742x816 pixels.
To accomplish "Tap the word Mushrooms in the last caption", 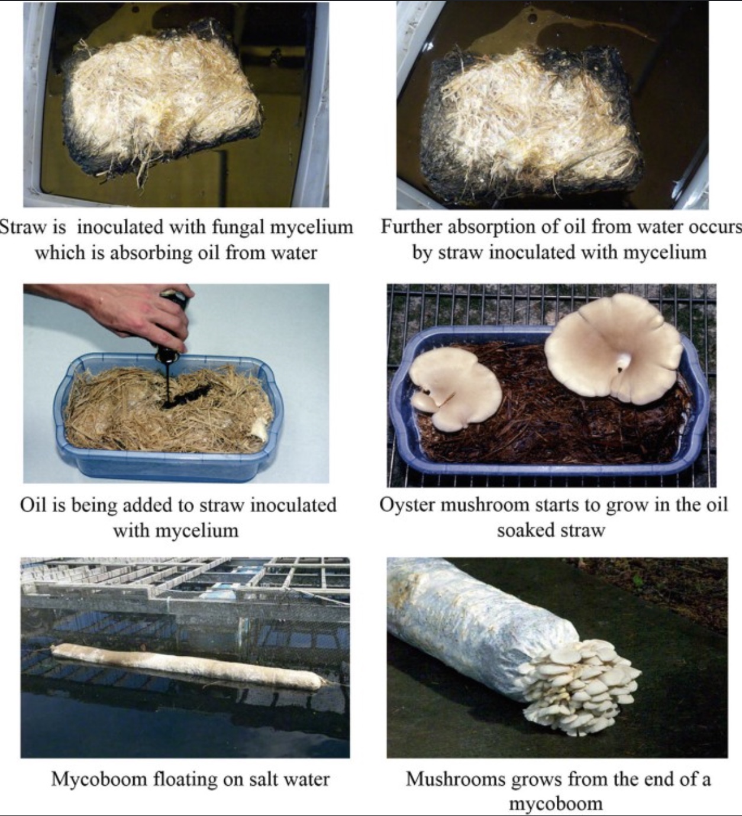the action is point(455,779).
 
